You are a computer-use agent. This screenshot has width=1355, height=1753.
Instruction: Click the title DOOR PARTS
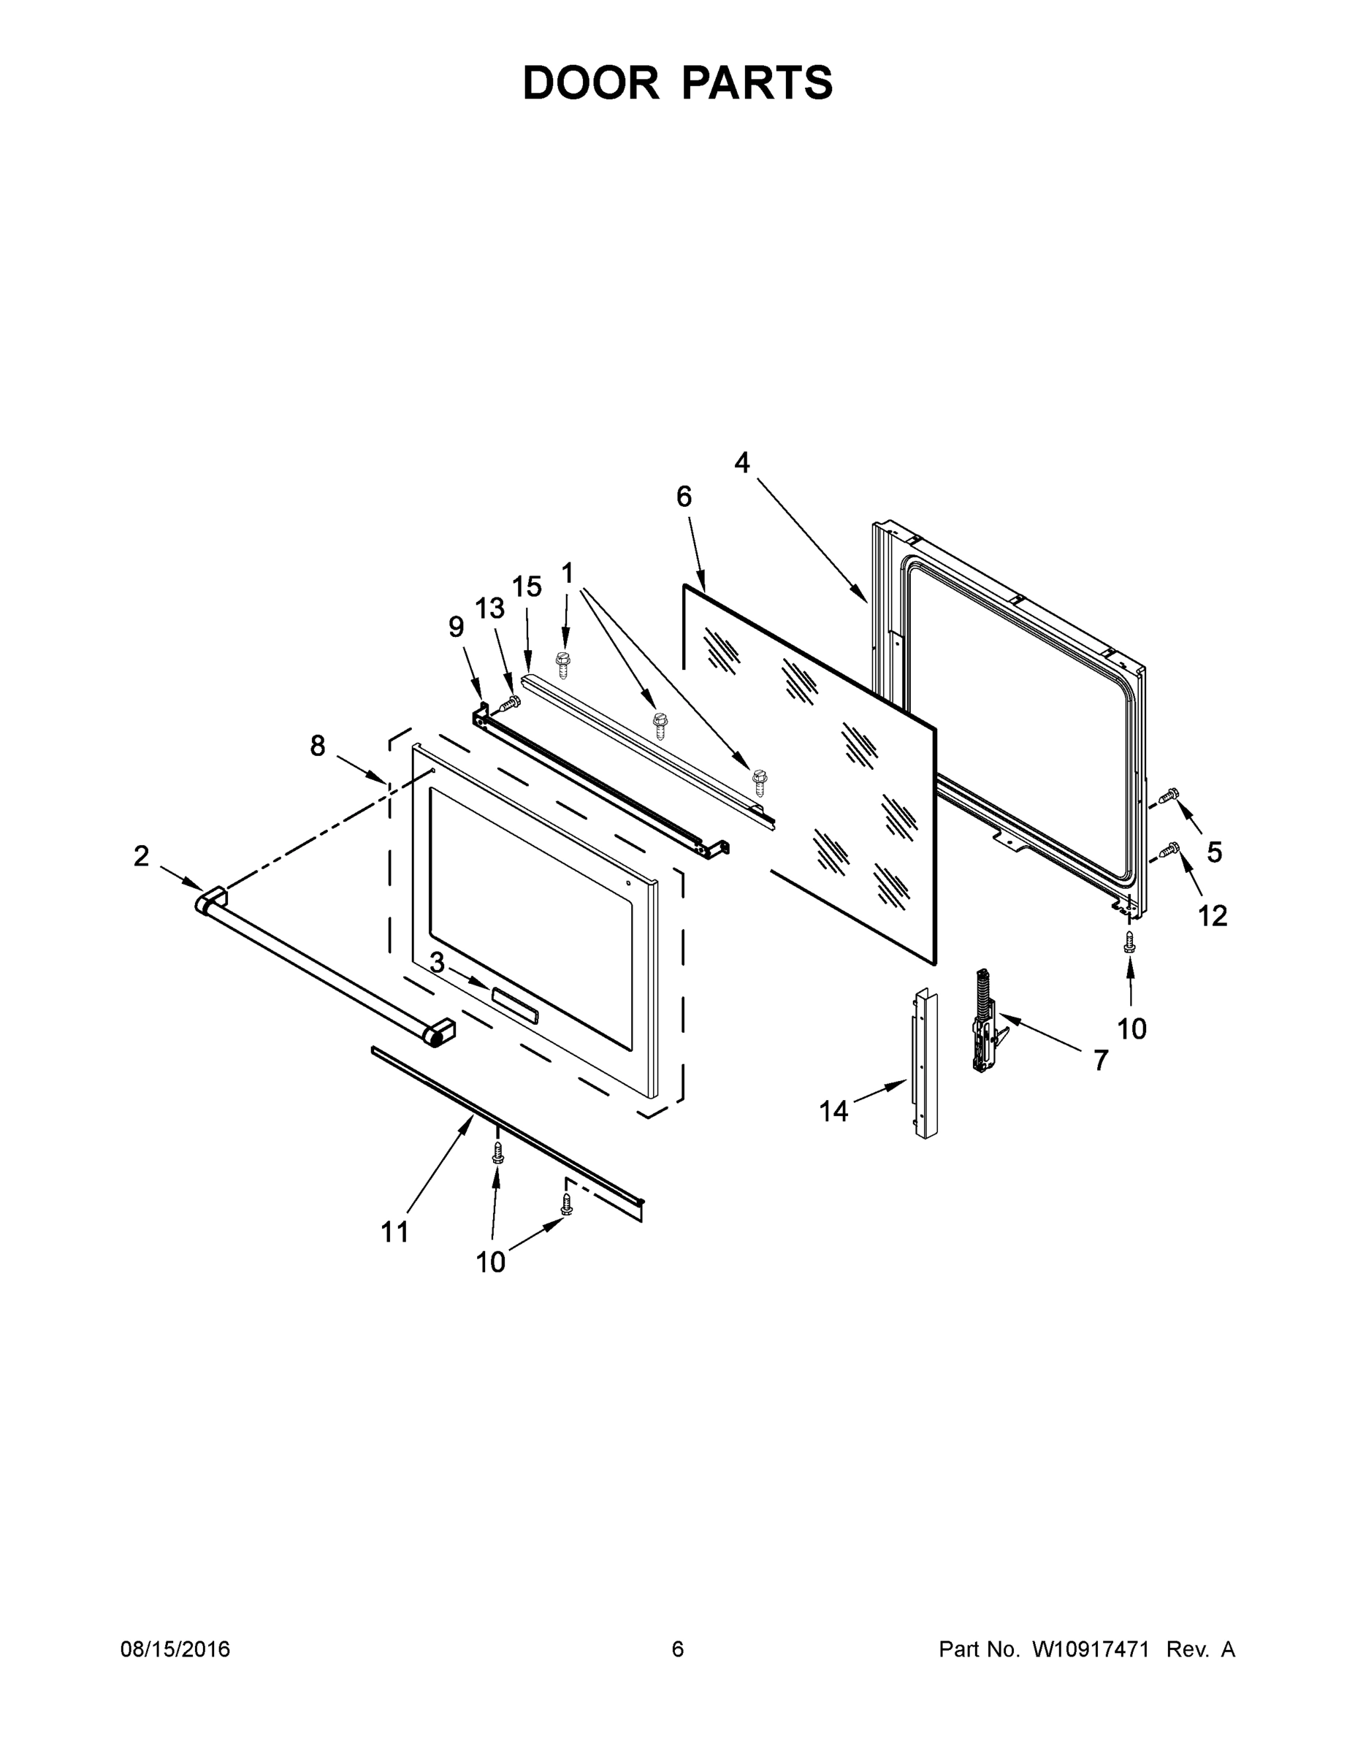[x=678, y=83]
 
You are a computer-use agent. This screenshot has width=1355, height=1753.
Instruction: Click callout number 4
[x=741, y=463]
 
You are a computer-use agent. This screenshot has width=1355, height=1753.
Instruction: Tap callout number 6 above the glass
[x=683, y=497]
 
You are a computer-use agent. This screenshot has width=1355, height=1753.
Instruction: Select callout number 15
[x=527, y=587]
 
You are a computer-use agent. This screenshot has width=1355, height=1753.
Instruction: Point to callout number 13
[x=489, y=608]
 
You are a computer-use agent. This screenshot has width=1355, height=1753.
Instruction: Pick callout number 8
[x=318, y=746]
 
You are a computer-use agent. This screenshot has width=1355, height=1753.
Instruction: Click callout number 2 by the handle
[x=141, y=857]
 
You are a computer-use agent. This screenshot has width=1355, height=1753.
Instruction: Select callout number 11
[x=394, y=1232]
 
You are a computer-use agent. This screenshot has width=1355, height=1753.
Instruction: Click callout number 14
[x=833, y=1112]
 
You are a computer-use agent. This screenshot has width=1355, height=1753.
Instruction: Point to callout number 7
[x=1101, y=1061]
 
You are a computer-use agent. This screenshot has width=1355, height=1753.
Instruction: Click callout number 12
[x=1212, y=916]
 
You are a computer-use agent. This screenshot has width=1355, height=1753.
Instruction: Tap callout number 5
[x=1214, y=852]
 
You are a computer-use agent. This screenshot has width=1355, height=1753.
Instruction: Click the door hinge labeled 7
[x=984, y=1023]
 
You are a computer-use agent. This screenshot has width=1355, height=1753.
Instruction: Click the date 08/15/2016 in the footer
[x=175, y=1649]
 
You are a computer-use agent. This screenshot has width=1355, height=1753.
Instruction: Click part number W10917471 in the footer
[x=1090, y=1649]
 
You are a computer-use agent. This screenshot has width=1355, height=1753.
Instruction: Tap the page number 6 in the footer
[x=678, y=1649]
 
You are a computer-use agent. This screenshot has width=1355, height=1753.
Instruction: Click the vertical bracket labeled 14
[x=923, y=1063]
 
